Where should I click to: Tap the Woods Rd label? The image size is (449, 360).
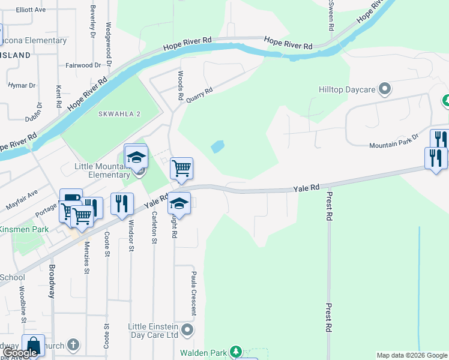(x=180, y=85)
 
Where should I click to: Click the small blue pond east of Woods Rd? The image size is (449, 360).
(x=218, y=146)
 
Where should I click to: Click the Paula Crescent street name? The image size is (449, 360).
(x=194, y=293)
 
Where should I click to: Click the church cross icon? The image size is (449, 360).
(x=73, y=345)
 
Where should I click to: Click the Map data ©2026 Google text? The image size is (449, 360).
(x=411, y=355)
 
